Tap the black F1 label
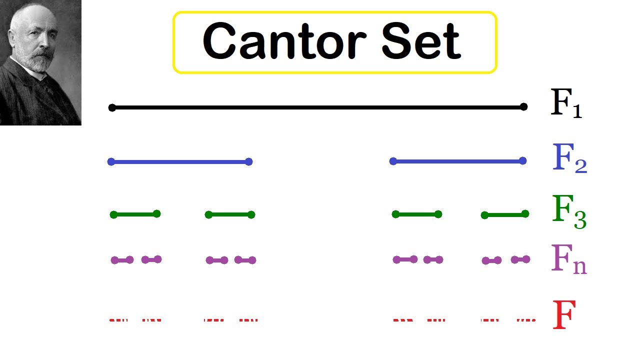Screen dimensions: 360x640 [x=565, y=103]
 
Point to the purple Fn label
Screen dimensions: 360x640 [x=568, y=258]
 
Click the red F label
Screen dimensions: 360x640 [x=564, y=315]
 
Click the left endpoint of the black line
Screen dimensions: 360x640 [x=112, y=107]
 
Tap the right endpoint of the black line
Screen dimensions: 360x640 [x=523, y=106]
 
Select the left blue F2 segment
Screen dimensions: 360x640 [x=180, y=161]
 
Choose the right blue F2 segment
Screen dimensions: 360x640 [x=457, y=161]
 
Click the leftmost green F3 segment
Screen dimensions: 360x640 [x=135, y=214]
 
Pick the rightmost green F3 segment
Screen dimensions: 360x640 [x=504, y=214]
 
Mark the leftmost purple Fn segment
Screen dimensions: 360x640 [x=122, y=260]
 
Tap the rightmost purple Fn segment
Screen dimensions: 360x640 [x=520, y=259]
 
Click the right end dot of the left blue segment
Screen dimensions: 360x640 [x=249, y=161]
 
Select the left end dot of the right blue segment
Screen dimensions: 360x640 [x=393, y=161]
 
